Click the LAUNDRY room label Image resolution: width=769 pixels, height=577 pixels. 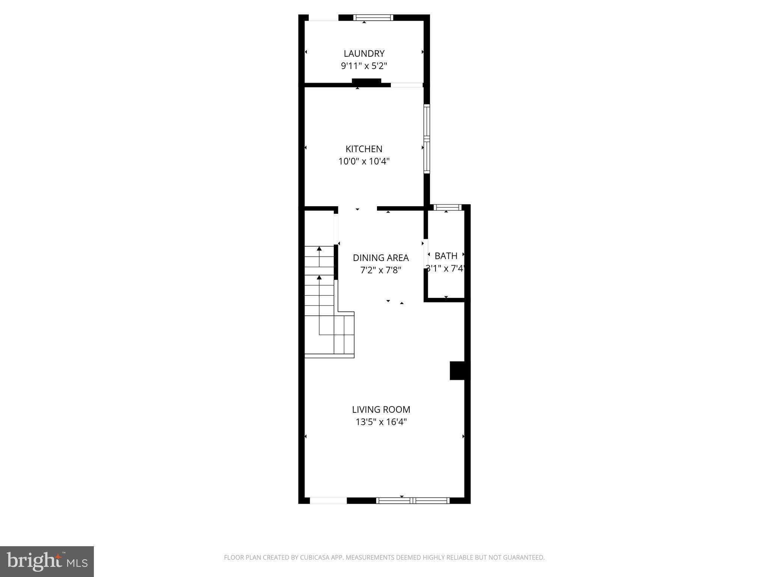[x=364, y=53]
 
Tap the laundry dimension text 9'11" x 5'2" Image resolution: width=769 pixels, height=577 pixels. [x=364, y=66]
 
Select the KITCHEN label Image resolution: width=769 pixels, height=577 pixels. [x=364, y=149]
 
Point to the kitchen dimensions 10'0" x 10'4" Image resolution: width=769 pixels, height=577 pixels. [x=364, y=162]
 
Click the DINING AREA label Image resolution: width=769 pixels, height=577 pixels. [x=381, y=258]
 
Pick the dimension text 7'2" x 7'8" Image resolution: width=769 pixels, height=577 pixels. [x=381, y=270]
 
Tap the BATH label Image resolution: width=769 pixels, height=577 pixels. [x=446, y=256]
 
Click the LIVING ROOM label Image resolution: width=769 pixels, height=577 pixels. [x=381, y=409]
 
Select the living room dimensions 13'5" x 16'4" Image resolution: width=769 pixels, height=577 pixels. [x=381, y=422]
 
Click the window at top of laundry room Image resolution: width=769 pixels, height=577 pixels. [x=373, y=17]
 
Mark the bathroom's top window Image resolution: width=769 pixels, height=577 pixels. [x=447, y=207]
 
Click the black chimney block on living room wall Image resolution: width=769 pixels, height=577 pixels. [x=457, y=370]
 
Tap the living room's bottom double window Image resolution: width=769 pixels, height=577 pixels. [x=412, y=500]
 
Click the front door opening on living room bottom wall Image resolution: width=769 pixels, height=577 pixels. [x=328, y=500]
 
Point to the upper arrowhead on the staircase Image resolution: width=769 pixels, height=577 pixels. [x=319, y=249]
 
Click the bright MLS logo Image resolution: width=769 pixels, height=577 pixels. [x=47, y=562]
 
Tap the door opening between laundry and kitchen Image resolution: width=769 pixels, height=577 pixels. [x=407, y=85]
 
